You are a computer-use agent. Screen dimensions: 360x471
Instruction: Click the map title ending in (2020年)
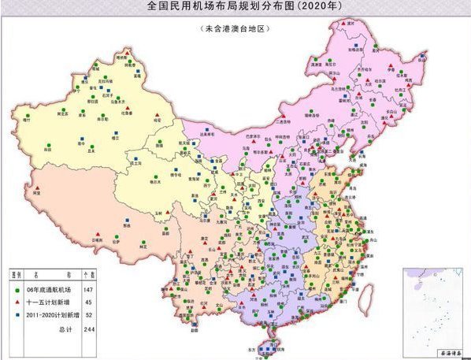[235, 7]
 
